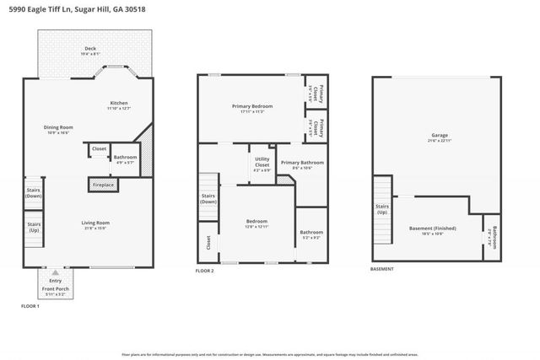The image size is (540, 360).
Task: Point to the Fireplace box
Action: click(x=100, y=183)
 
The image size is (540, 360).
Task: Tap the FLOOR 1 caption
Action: click(x=30, y=305)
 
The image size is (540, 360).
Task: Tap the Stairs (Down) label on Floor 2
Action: click(x=208, y=199)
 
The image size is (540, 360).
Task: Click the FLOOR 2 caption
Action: click(x=205, y=271)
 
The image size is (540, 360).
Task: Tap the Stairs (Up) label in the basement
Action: click(x=382, y=209)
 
